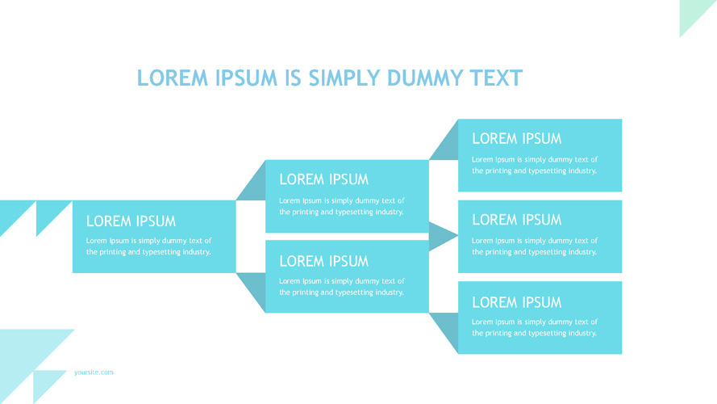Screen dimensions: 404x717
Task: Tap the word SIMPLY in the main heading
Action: pos(342,78)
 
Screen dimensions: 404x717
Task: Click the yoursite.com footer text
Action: pos(94,372)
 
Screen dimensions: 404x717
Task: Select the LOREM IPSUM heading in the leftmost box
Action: pos(131,221)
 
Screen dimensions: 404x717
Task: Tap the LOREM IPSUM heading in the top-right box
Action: pos(516,139)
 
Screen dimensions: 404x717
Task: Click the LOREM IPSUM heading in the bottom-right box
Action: pos(516,302)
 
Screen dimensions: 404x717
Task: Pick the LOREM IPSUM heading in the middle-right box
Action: pos(516,220)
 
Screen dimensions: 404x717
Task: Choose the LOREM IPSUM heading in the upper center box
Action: pos(323,179)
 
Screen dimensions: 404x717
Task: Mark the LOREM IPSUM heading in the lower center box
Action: pos(323,261)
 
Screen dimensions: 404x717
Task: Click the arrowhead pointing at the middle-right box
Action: pos(442,235)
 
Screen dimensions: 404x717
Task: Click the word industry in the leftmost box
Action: pos(194,252)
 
